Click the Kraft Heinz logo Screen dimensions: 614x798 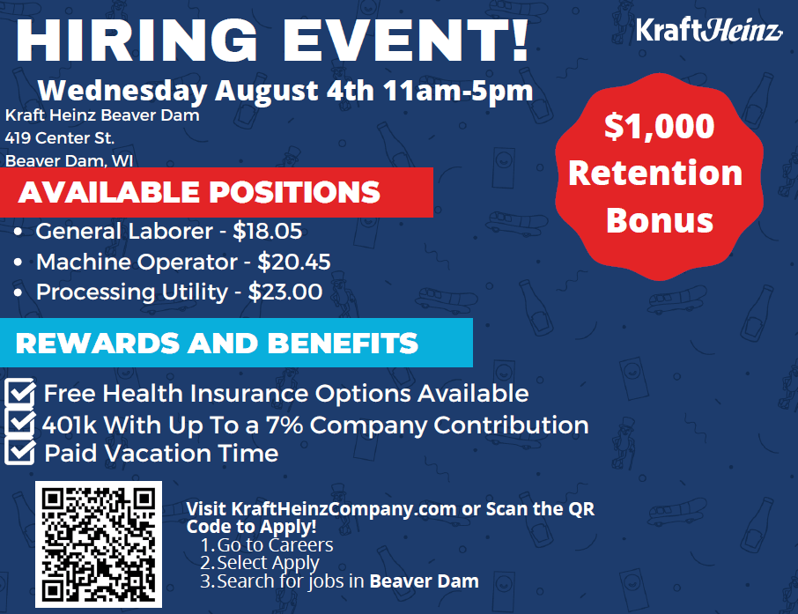708,32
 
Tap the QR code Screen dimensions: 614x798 99,545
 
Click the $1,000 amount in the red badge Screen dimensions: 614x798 659,127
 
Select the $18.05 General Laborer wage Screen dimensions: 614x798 268,232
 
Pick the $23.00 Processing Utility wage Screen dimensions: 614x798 285,292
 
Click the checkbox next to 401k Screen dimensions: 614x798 20,424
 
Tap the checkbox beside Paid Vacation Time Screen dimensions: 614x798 20,453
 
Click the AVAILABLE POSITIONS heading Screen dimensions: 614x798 199,192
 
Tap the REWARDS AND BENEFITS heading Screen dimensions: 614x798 217,343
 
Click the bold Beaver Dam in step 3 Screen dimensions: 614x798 424,581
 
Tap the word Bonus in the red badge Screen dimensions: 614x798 659,219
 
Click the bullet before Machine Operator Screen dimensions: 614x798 20,263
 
